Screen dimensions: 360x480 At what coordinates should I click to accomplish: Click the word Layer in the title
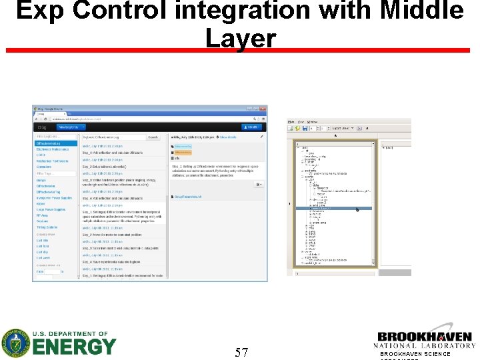[240, 38]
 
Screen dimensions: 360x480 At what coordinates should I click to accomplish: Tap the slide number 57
[241, 352]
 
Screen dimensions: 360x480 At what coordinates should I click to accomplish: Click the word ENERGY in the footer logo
[73, 347]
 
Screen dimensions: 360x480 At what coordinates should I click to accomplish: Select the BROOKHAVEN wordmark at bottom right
[424, 337]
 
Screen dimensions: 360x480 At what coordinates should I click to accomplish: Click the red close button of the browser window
[263, 109]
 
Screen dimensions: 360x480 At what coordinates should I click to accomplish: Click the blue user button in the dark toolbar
[253, 126]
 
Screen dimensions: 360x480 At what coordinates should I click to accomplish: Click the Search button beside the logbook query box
[153, 137]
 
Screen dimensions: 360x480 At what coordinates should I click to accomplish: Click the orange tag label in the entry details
[183, 145]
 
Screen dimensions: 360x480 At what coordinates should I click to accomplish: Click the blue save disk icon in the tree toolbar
[304, 128]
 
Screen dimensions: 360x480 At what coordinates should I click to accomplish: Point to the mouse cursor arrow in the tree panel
[357, 210]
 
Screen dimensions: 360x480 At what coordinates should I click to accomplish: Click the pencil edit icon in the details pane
[261, 137]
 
